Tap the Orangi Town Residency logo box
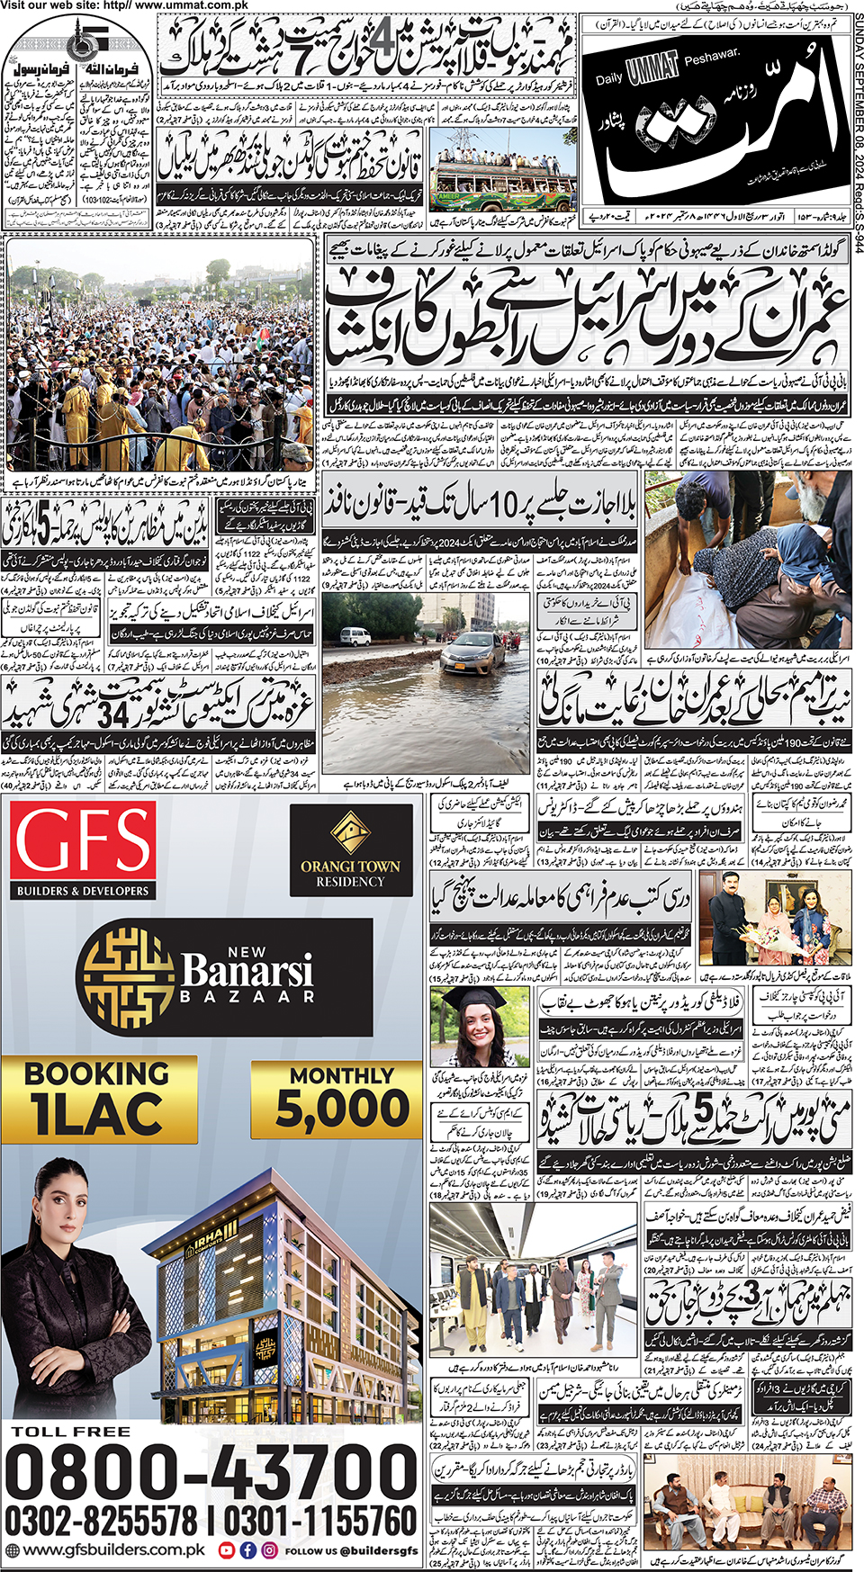pos(350,849)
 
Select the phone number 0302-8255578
pos(101,1522)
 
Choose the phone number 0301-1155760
pos(319,1522)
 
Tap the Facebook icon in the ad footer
pos(247,1550)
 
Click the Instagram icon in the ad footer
pos(269,1550)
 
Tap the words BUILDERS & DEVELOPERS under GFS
pos(83,891)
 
